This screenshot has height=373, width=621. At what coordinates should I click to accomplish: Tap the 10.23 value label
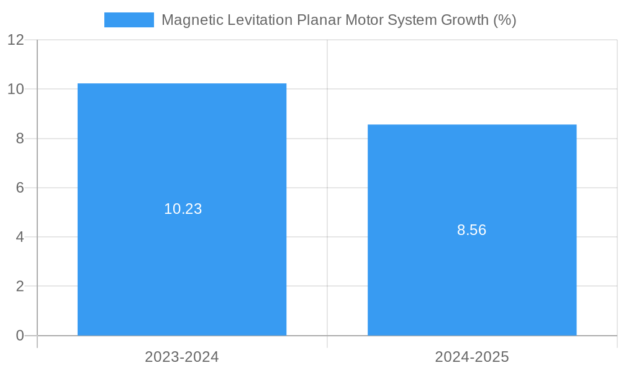point(183,209)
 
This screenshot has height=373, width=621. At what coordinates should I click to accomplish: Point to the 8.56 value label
point(472,230)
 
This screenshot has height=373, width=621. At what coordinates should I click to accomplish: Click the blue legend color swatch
point(129,20)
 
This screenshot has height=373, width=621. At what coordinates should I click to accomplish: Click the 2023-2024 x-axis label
point(182,357)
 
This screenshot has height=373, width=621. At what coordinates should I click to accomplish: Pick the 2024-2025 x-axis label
point(472,357)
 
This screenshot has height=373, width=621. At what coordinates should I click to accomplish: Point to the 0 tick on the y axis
point(20,336)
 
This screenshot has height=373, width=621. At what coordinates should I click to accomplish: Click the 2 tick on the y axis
point(20,287)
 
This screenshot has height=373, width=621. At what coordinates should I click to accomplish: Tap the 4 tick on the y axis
point(20,237)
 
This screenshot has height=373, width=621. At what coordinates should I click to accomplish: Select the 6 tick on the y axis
point(20,188)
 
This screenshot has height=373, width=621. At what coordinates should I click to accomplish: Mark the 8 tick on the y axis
point(20,139)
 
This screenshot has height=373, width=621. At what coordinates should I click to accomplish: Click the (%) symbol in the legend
point(505,20)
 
